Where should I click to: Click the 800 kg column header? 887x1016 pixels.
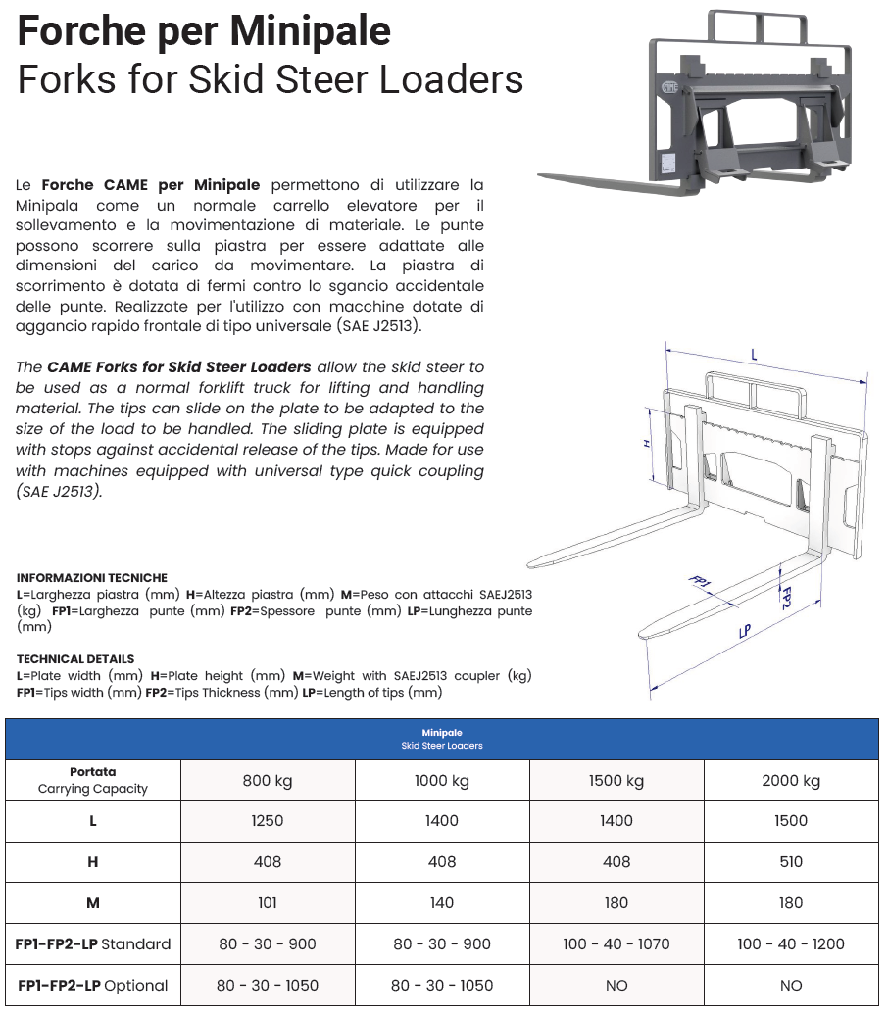click(x=268, y=781)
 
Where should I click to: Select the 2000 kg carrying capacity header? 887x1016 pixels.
click(x=791, y=781)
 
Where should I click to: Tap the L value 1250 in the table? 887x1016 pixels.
click(x=268, y=821)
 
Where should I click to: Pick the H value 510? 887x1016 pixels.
click(x=791, y=862)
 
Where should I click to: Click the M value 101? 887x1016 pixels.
click(x=268, y=903)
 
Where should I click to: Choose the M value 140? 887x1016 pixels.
click(x=442, y=903)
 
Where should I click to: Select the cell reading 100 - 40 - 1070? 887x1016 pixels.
click(x=616, y=944)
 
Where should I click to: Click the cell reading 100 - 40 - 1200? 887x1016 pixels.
click(x=791, y=944)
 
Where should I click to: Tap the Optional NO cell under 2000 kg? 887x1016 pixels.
click(x=791, y=986)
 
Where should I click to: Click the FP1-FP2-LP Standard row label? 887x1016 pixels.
click(x=93, y=944)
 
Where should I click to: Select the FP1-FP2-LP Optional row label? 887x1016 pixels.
click(x=93, y=986)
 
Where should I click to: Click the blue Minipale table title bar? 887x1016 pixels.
click(x=442, y=739)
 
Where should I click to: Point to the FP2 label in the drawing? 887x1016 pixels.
click(x=784, y=597)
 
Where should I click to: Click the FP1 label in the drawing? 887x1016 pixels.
click(x=700, y=587)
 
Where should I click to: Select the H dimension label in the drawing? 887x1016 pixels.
click(x=648, y=444)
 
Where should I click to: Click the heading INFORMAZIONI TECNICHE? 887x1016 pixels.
click(x=92, y=578)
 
